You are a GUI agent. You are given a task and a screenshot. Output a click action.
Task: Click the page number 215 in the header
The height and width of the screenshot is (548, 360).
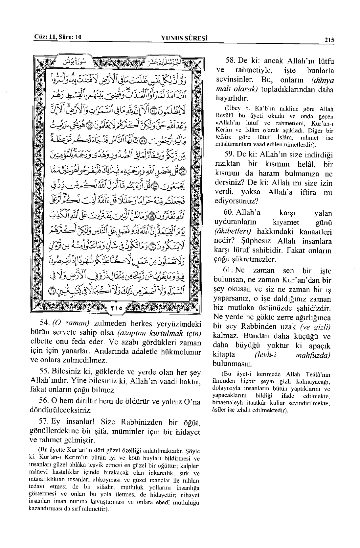tap(329, 40)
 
